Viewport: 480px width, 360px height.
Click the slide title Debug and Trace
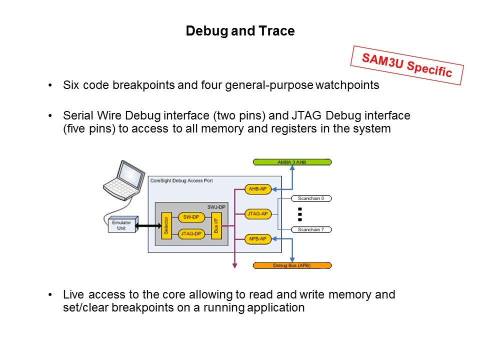coord(240,31)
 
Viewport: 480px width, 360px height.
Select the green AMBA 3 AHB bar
coord(292,162)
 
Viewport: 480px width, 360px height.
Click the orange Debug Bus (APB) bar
coord(292,265)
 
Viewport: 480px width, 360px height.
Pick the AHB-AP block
coord(257,189)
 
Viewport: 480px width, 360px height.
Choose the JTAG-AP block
coord(257,214)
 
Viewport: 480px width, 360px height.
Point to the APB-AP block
coord(257,239)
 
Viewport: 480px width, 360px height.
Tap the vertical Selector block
coord(166,225)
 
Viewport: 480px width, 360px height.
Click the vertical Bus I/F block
coord(216,225)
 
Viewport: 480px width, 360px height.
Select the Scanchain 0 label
coord(311,198)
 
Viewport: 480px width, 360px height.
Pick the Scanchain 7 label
coord(311,230)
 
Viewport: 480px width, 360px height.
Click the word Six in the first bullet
coord(71,85)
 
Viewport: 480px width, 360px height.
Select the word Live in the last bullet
coord(73,294)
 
